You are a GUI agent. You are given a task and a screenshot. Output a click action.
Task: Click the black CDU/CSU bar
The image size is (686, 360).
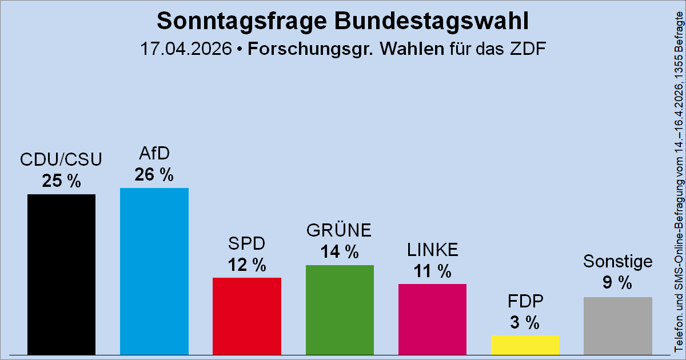point(61,274)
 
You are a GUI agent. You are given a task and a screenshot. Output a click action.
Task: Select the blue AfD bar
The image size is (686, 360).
point(154,271)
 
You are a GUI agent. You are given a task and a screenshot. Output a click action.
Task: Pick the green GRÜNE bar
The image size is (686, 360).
point(340,310)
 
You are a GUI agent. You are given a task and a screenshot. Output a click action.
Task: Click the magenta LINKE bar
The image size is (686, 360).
point(432,319)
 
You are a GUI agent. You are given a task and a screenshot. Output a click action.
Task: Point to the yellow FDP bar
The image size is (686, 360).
point(525,345)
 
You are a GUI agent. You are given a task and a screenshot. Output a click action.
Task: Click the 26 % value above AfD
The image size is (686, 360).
point(154,174)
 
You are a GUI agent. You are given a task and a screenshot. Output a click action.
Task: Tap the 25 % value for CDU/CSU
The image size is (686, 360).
point(61,181)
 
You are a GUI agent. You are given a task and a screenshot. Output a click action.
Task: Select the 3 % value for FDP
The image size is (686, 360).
point(525,322)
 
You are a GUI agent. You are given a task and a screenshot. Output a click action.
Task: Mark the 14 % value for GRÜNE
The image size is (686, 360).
point(340,251)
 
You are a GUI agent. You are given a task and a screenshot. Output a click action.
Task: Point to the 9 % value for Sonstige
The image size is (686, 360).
point(617,282)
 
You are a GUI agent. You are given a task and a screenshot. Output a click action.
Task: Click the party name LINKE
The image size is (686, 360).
point(432,250)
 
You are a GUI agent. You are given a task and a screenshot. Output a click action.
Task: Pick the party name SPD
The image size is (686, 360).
point(246,244)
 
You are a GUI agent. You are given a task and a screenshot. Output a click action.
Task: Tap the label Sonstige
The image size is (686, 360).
point(617,261)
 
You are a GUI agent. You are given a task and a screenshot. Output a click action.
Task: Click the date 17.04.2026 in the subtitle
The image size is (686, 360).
point(186,49)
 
